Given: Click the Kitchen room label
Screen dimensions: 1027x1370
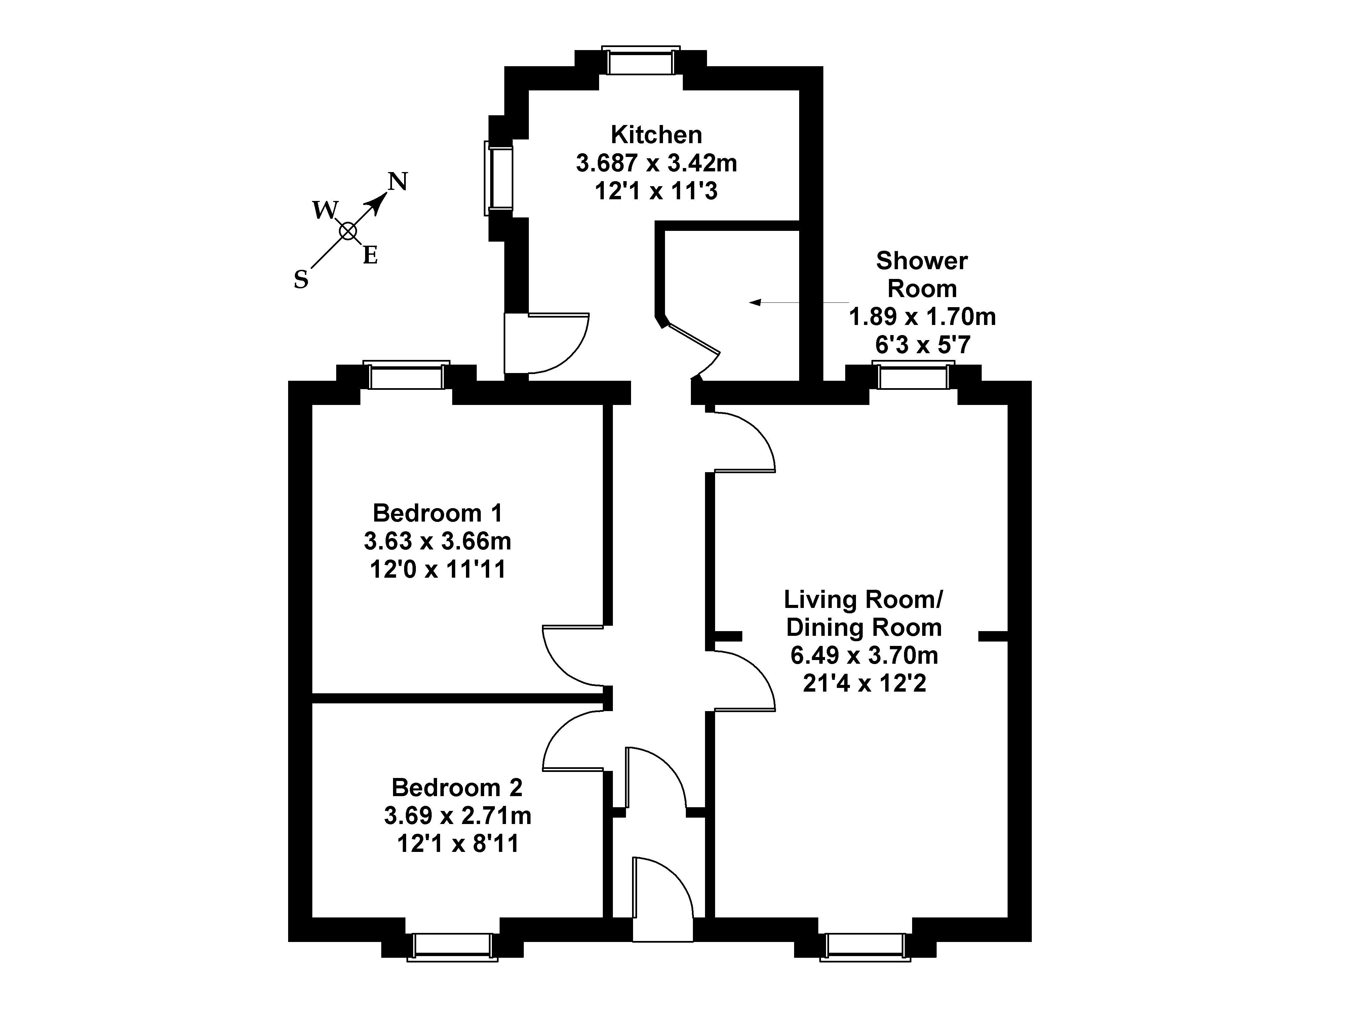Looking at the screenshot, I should [656, 134].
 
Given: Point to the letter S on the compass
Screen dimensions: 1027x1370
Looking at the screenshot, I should [301, 280].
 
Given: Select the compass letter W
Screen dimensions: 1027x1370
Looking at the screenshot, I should [324, 210].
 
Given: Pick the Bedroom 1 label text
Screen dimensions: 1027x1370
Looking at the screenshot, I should [437, 513].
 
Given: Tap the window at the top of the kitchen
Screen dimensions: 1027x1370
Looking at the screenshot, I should [640, 61].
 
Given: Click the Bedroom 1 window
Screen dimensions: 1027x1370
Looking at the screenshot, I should [406, 375].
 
